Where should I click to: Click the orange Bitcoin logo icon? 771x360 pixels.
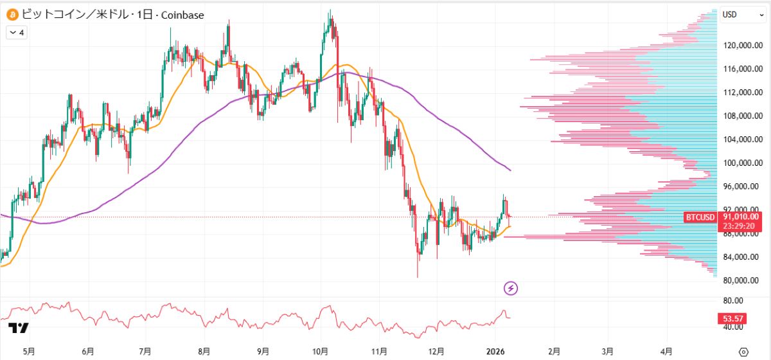(12, 14)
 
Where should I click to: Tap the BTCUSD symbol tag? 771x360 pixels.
(700, 218)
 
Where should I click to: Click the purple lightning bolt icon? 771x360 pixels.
(511, 288)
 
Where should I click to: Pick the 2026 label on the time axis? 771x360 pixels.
(495, 352)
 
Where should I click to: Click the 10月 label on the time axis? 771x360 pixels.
(321, 352)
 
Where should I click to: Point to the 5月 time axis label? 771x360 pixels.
(29, 352)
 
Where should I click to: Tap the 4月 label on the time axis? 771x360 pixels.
(667, 352)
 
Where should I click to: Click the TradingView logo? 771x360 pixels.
(19, 328)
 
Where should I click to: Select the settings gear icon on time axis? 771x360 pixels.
(744, 352)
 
